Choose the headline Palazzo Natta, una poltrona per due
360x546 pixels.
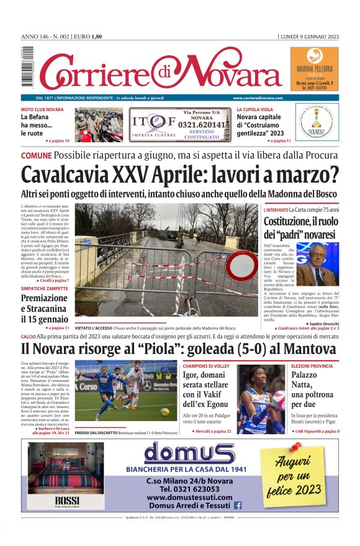[x=323, y=390]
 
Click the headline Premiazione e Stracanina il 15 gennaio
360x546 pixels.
[x=44, y=308]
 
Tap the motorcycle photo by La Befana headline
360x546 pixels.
[x=99, y=125]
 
